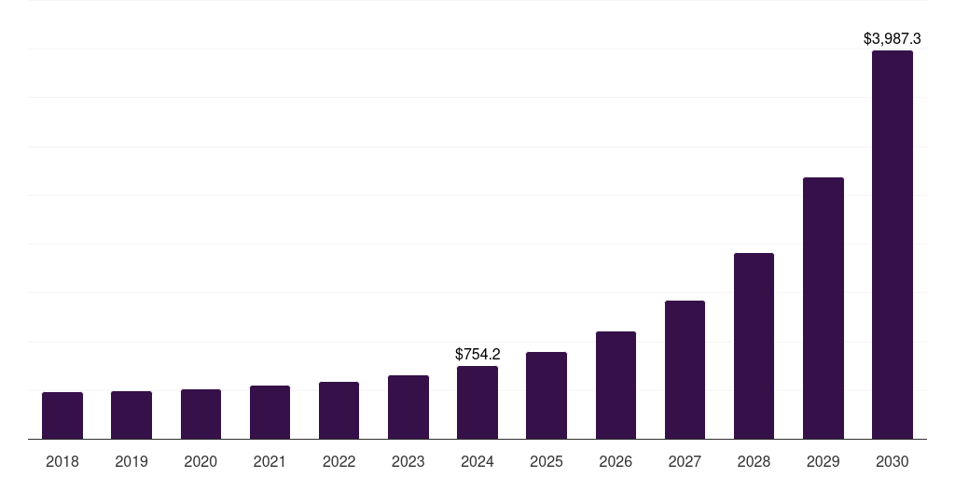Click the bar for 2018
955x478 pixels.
[62, 415]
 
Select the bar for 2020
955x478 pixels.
[201, 414]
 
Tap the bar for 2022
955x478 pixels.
[339, 410]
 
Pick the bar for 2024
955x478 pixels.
[477, 402]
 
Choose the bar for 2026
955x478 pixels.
[616, 385]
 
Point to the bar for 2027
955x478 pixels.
[685, 370]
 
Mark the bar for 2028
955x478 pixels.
[754, 345]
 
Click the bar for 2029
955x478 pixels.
[824, 308]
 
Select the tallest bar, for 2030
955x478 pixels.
[893, 245]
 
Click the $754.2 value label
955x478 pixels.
[477, 355]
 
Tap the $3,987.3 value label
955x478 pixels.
[893, 39]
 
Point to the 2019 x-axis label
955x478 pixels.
[131, 461]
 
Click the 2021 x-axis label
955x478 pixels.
[270, 461]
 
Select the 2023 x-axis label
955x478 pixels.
[408, 461]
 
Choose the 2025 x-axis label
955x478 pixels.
[547, 461]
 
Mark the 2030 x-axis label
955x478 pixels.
[893, 461]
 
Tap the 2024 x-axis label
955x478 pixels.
[477, 461]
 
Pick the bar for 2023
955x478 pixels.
[408, 407]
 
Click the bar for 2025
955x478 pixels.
[547, 395]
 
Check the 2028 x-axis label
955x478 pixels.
[754, 461]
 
